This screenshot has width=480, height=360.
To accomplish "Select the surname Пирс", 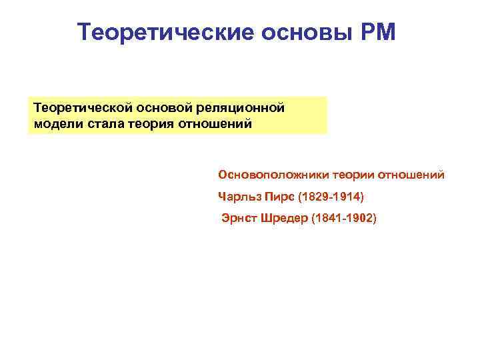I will click(277, 197).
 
